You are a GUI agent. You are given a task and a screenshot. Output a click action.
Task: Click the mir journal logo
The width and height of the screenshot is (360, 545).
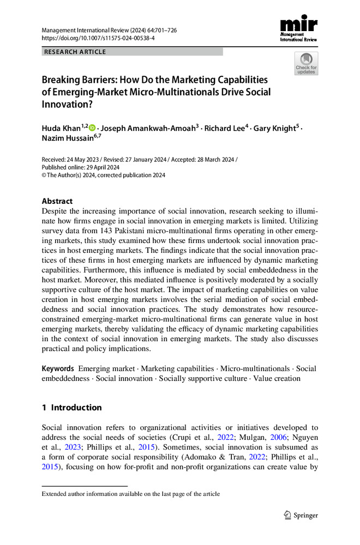point(299,28)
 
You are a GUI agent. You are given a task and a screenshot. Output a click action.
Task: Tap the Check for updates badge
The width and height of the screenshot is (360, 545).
point(306,63)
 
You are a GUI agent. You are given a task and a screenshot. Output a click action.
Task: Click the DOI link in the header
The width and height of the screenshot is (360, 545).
point(98,39)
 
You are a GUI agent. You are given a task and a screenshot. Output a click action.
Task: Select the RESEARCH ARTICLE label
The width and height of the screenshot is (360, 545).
point(75,52)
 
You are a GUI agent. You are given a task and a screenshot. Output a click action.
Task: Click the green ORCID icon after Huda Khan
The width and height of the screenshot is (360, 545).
point(92,128)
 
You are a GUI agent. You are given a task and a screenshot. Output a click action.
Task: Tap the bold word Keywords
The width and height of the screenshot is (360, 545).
point(58,368)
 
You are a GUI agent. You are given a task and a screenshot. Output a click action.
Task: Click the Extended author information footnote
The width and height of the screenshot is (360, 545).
point(131,494)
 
